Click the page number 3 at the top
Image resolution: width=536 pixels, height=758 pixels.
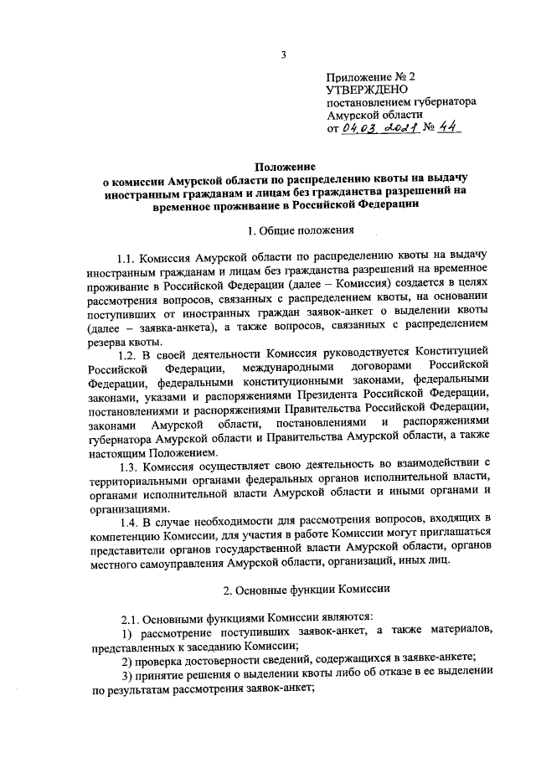coord(283,56)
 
